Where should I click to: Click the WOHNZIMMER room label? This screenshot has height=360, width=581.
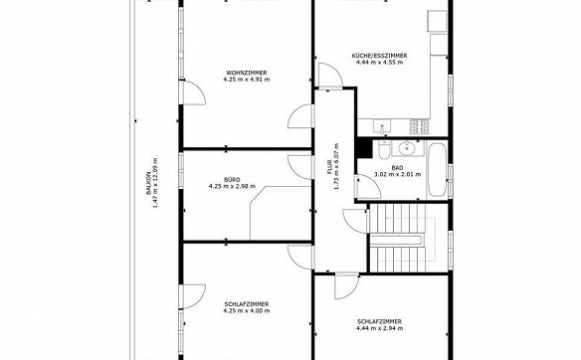(247, 73)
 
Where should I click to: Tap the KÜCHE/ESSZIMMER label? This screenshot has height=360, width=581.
(379, 56)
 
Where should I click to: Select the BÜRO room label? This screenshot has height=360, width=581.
(232, 180)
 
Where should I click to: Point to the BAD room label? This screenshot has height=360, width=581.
(397, 168)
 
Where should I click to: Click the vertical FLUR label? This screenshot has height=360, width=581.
(329, 169)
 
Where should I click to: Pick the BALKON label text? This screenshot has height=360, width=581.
(148, 183)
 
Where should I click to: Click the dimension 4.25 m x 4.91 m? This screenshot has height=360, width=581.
(247, 80)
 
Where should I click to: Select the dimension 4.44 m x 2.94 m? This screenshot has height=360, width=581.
(379, 328)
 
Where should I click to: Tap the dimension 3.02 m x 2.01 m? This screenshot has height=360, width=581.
(397, 174)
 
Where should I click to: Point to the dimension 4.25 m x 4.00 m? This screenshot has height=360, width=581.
(247, 310)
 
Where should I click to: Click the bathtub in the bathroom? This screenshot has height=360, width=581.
(437, 170)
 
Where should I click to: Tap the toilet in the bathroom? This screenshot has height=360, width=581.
(383, 149)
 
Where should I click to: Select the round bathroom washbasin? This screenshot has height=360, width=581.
(407, 148)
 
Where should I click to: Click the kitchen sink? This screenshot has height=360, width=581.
(382, 127)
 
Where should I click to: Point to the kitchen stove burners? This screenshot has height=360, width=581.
(420, 126)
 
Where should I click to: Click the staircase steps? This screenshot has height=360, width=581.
(397, 238)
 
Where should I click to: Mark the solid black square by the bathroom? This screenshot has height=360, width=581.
(364, 148)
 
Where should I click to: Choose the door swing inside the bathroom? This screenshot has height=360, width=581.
(369, 187)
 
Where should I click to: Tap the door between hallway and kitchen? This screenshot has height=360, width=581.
(330, 76)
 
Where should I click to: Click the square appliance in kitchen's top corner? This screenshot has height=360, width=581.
(437, 21)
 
